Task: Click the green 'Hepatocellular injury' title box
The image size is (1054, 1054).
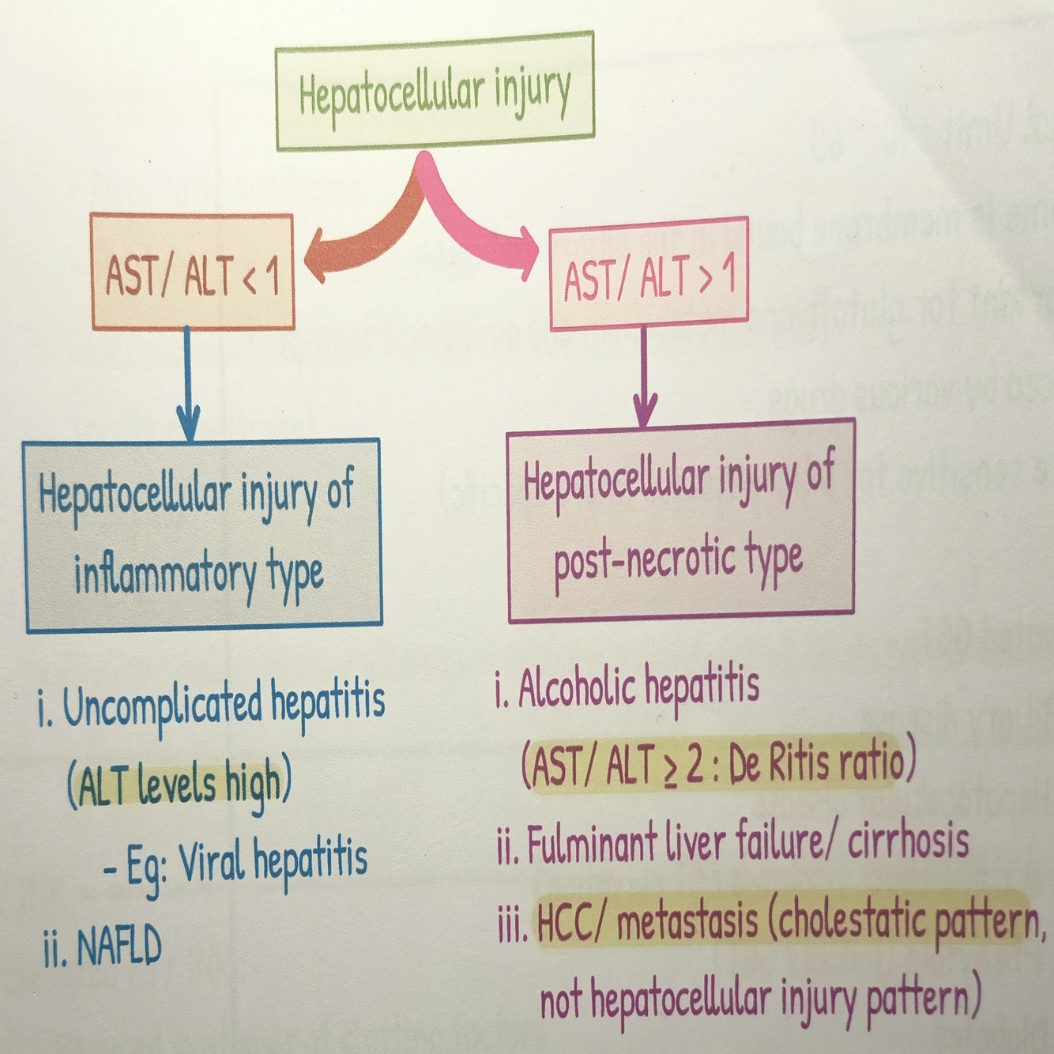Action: point(434,91)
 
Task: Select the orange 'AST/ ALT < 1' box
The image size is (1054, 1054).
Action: point(192,272)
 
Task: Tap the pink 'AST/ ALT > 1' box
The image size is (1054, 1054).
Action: point(648,275)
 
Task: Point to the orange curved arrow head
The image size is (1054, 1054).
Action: point(316,254)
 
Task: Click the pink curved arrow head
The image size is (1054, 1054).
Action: point(528,250)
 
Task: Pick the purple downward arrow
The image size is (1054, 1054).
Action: point(645,379)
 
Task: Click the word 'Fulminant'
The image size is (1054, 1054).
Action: point(592,843)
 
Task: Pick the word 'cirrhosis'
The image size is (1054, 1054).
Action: point(908,841)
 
